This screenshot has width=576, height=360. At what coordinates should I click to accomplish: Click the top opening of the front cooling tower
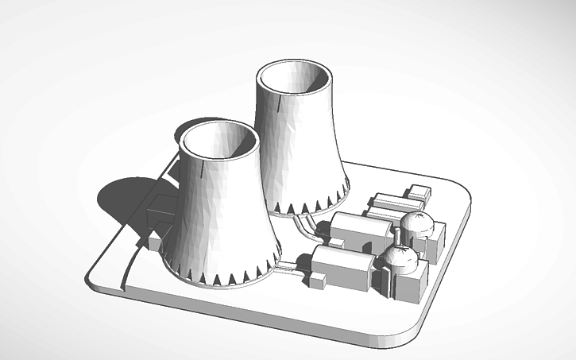click(219, 141)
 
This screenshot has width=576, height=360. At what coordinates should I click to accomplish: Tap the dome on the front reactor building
click(400, 255)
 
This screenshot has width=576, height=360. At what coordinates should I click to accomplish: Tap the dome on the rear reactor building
click(416, 223)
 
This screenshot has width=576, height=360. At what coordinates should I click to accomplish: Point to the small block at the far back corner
click(419, 193)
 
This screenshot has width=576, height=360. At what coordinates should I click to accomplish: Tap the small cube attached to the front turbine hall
click(320, 280)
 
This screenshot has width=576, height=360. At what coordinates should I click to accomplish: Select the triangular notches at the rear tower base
click(314, 205)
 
